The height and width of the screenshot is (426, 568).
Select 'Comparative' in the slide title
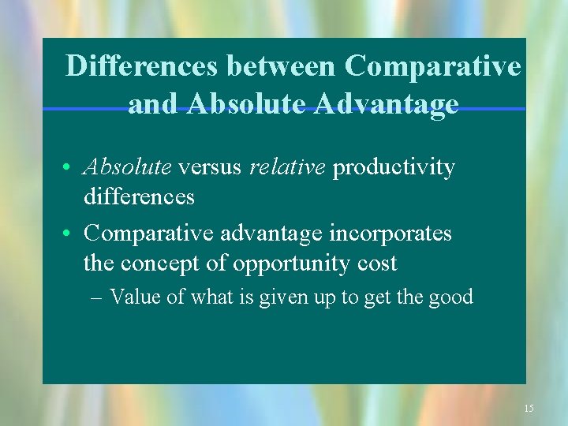(x=432, y=66)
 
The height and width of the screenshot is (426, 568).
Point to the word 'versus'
(x=211, y=167)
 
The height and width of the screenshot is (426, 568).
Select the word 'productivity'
(x=394, y=167)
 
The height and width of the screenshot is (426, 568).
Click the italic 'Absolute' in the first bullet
(x=128, y=167)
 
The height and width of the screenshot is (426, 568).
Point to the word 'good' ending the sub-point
(x=452, y=297)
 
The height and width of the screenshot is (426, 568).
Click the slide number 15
(x=529, y=408)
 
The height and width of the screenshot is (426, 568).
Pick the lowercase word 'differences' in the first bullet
(x=139, y=196)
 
